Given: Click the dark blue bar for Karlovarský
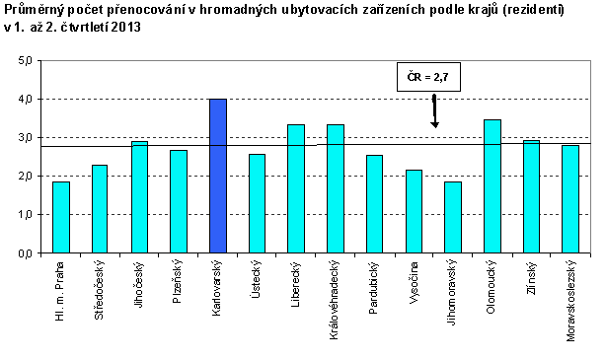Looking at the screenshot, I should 218,176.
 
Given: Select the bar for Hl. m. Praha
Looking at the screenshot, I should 61,217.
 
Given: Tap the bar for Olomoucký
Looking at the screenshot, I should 492,185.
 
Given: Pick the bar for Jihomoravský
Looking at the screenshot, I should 453,217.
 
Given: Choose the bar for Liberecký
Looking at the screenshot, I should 296,188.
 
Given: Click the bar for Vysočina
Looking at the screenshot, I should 414,211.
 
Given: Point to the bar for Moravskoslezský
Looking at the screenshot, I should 570,198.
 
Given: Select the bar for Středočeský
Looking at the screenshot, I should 101,208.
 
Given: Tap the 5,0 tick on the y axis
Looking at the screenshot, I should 26,61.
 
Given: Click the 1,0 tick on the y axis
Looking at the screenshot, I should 26,214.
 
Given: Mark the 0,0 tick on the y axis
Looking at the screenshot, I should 26,252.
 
